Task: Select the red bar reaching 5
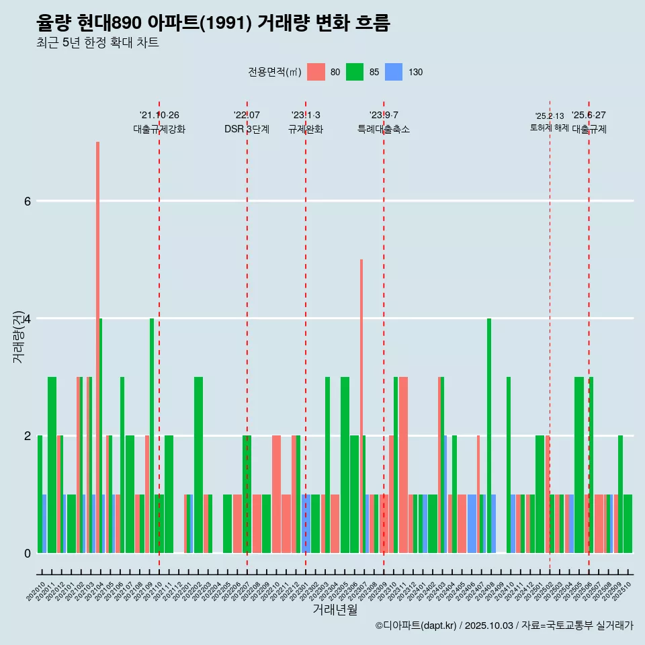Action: pos(361,403)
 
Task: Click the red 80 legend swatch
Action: pos(316,72)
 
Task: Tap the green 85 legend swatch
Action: pos(355,72)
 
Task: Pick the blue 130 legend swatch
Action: pos(394,72)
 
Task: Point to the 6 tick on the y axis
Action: pos(27,201)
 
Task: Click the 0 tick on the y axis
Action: pos(27,553)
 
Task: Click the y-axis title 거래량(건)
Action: pos(18,336)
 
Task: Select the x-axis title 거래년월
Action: pos(335,609)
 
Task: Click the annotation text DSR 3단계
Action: pos(247,129)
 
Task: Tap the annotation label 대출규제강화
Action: pos(159,129)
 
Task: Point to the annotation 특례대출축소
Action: pos(384,129)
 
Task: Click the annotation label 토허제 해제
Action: pos(550,128)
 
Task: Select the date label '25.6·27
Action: pos(589,115)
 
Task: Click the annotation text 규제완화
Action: pos(306,129)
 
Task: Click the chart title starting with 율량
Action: pos(213,23)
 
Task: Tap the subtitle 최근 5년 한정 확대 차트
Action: pos(97,43)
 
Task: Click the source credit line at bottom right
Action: pos(504,626)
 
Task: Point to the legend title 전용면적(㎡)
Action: pos(274,72)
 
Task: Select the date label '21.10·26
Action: pos(159,115)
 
